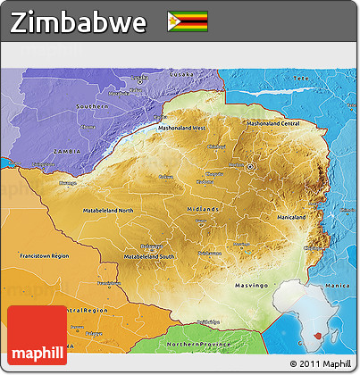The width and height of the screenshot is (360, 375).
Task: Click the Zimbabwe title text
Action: point(79,23)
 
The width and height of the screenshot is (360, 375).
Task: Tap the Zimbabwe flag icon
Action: point(188,21)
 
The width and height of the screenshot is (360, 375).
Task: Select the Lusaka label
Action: point(157,74)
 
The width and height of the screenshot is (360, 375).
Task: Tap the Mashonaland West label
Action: point(188,128)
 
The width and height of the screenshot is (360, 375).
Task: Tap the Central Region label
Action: point(87,310)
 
